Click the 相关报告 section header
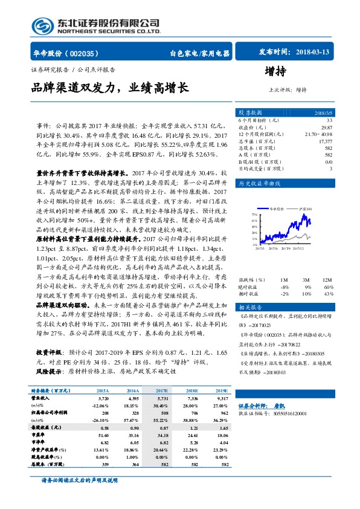click(x=250, y=306)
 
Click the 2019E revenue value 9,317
click(x=222, y=400)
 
